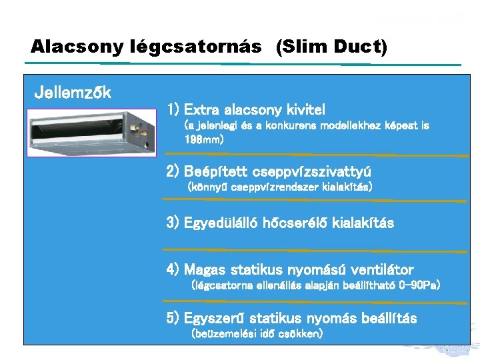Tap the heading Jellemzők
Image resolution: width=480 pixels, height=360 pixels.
click(x=73, y=93)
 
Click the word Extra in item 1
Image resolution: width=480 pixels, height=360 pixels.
click(x=203, y=109)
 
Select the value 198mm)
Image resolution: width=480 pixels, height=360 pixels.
click(x=204, y=140)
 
